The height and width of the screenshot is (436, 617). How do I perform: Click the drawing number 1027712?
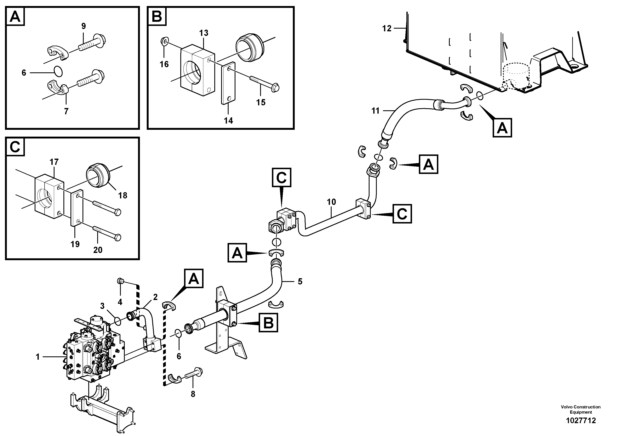[x=581, y=421]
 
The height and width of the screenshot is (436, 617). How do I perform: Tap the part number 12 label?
[x=387, y=28]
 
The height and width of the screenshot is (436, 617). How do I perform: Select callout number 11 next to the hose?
[x=375, y=111]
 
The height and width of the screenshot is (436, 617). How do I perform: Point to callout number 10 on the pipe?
[x=331, y=202]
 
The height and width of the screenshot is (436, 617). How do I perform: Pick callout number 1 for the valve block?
[x=38, y=357]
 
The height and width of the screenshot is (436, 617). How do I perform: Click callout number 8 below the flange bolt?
[x=193, y=394]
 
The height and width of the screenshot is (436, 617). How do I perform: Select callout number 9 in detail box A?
[x=83, y=26]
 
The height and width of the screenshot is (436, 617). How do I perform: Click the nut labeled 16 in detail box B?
[x=164, y=41]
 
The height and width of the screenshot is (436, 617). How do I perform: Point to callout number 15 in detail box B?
[x=261, y=102]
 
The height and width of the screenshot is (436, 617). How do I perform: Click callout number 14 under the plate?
[x=228, y=121]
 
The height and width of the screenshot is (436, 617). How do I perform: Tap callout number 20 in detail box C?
[x=98, y=250]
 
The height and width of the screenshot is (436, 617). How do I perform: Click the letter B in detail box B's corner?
[x=157, y=16]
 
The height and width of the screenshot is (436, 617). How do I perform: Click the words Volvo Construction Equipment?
[x=581, y=409]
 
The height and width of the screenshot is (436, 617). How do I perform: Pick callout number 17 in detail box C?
[x=54, y=162]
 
